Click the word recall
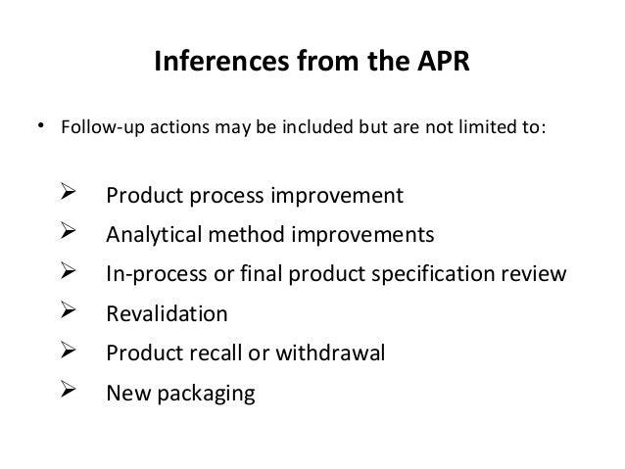[x=218, y=354]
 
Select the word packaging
[x=206, y=395]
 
